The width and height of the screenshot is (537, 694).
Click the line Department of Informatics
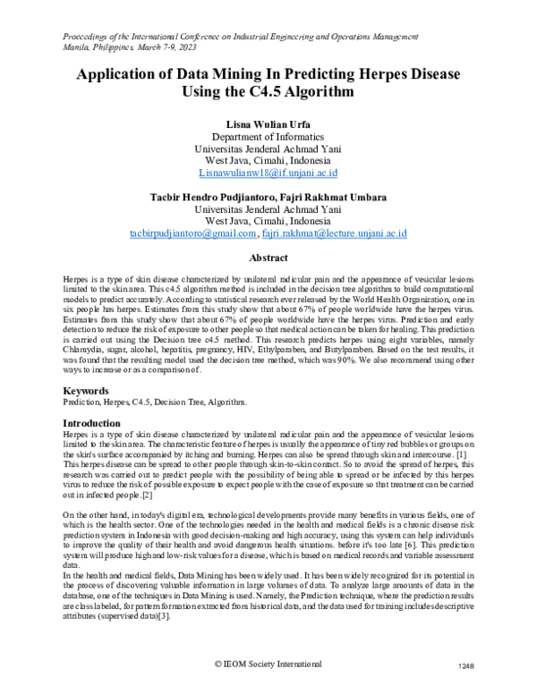click(x=268, y=136)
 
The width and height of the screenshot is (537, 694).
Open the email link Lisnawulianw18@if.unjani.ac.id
click(x=268, y=172)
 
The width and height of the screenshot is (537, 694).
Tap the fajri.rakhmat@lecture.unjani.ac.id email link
click(x=335, y=233)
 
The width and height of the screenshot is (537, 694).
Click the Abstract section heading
click(x=268, y=256)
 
